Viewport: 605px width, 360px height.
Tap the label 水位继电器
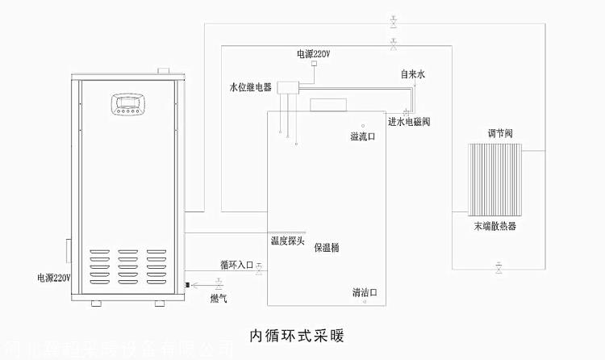250,87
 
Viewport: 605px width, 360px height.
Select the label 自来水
412,74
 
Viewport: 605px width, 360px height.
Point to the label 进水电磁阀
409,122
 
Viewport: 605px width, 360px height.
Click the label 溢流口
362,137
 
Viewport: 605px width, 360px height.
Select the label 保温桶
327,248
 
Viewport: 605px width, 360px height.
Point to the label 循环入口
237,264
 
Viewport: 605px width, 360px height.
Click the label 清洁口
365,291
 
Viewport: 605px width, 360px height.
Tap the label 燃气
219,299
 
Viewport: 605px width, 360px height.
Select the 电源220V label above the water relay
313,55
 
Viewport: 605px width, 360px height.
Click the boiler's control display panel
133,106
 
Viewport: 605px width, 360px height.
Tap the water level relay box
287,87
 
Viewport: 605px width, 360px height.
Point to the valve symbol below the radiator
499,266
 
